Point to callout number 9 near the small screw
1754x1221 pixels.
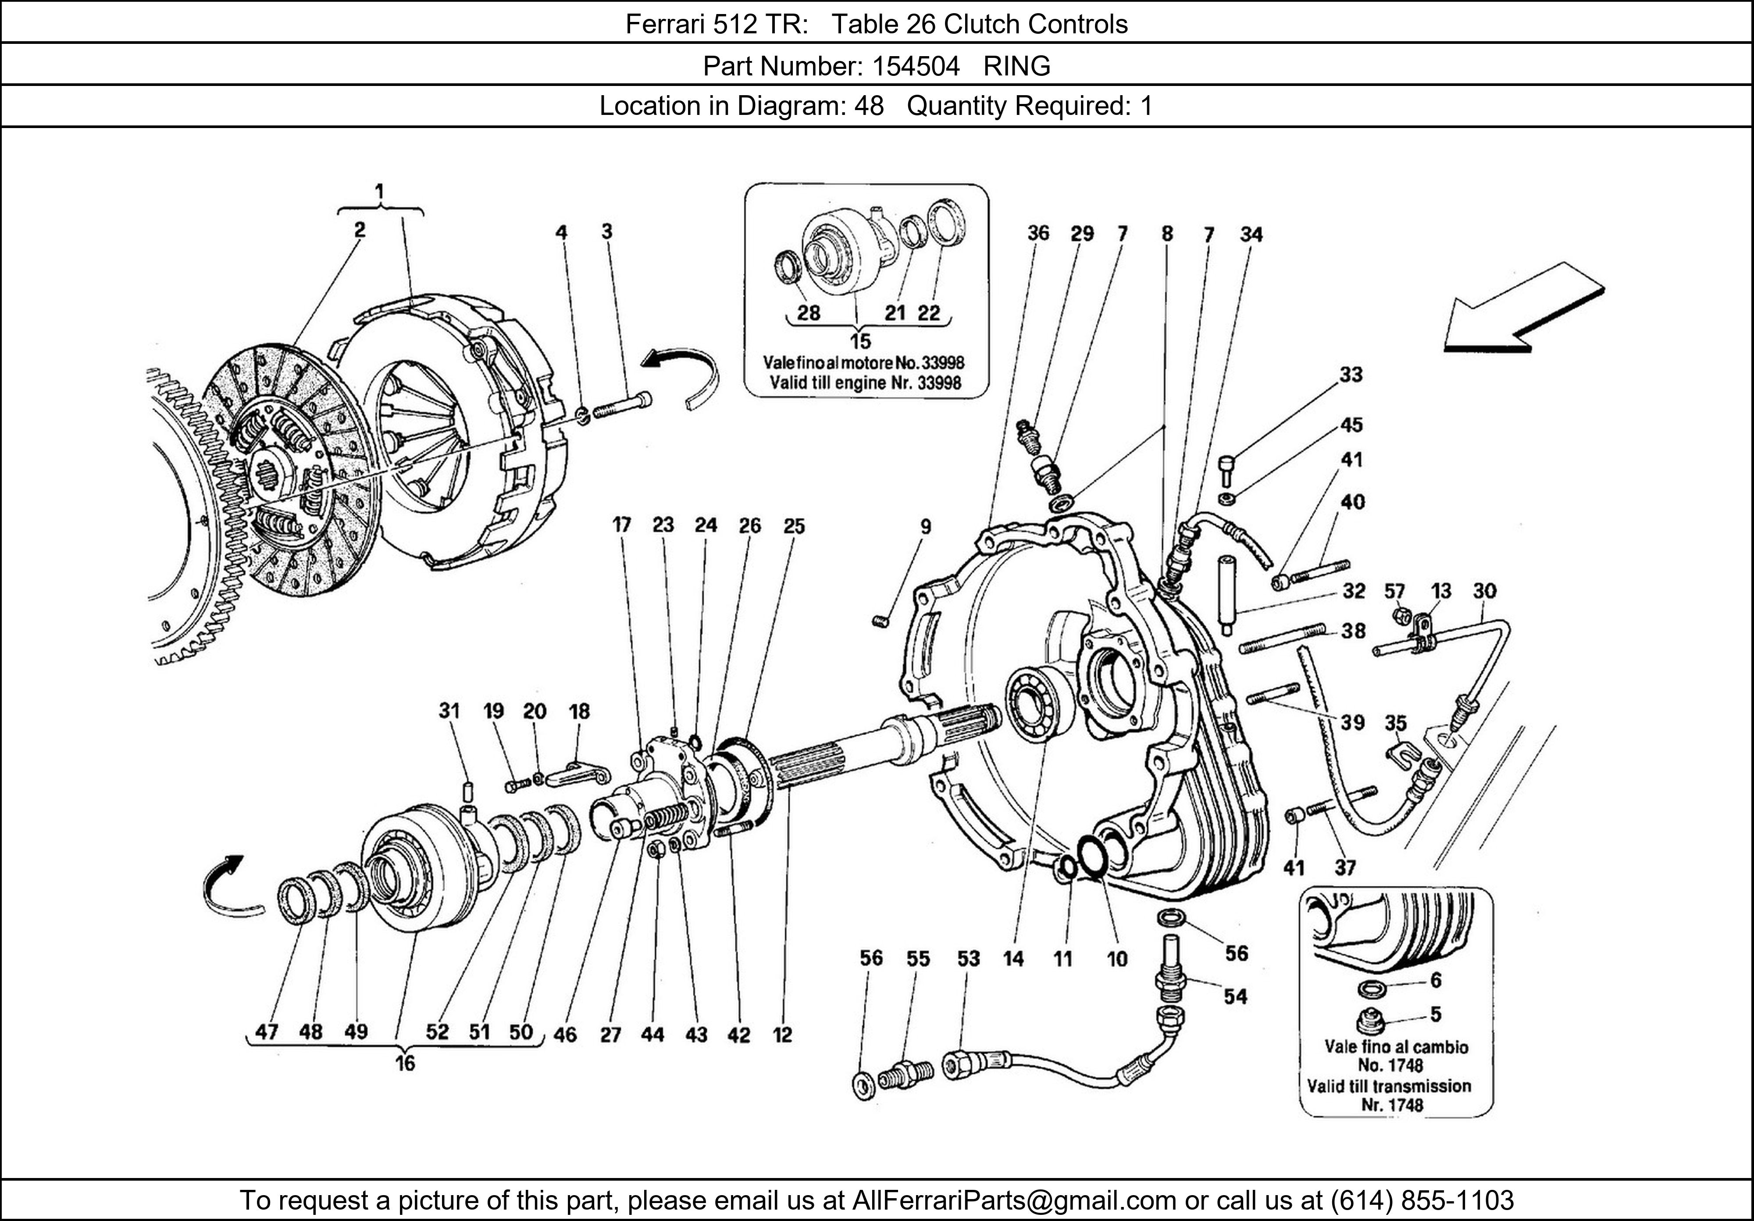[x=925, y=526]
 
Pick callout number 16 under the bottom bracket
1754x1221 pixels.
[x=405, y=1063]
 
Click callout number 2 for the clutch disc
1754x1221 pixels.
[x=359, y=230]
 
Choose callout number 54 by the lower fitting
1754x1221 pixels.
[x=1234, y=996]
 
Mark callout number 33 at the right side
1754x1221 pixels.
[x=1351, y=375]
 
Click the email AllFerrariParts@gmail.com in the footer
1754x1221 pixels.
[x=1014, y=1200]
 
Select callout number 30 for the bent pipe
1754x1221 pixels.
[x=1484, y=591]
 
